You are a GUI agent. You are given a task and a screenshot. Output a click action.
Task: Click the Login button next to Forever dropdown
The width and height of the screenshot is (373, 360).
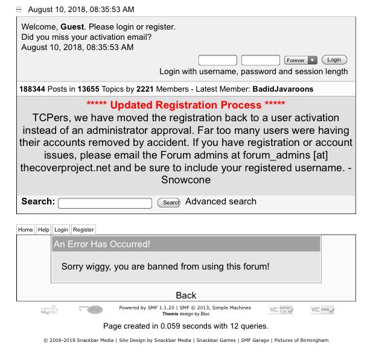coord(334,60)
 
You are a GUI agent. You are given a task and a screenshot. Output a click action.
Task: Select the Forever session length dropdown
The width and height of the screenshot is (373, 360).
coord(301,60)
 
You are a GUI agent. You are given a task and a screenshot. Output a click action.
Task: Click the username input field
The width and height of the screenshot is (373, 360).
coord(217,60)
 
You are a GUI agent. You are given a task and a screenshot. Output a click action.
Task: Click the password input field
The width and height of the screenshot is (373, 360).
coord(260,60)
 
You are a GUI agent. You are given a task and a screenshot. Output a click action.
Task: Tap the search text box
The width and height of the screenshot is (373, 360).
coord(105,203)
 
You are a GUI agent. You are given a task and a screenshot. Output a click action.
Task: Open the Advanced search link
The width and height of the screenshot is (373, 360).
coord(221,201)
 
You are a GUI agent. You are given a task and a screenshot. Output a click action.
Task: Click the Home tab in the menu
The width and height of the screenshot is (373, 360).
coord(25,230)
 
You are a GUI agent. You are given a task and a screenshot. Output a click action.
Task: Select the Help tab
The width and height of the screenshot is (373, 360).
coord(43,230)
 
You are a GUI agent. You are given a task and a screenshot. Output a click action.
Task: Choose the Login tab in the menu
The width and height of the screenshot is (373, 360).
coord(61,230)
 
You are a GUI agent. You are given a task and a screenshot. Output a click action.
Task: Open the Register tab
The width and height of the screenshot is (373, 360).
coord(83,230)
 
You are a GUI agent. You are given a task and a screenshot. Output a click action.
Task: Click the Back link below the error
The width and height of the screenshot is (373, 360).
coord(186,295)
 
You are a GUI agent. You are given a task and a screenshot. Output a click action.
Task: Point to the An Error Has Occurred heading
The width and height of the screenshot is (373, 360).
coord(102,244)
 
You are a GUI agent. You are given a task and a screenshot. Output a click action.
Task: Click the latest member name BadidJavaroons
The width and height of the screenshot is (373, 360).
coord(283,89)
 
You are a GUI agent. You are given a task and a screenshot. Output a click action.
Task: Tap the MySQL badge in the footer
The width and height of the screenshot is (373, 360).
coord(49,310)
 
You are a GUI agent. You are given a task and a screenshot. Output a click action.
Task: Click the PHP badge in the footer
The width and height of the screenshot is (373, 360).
coord(91,309)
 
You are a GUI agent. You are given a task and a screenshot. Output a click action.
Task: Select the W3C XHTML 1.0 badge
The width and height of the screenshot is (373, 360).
coord(281,309)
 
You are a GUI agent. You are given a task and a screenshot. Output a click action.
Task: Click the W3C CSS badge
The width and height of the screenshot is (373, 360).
coord(322,309)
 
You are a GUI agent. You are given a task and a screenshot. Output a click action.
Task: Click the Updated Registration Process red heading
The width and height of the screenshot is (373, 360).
coord(186,105)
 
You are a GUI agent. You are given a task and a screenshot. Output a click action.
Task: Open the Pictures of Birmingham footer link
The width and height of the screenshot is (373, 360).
coord(301,341)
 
